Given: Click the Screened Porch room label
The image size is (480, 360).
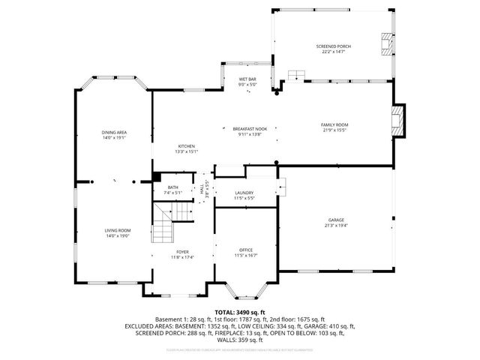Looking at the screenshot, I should (x=334, y=46).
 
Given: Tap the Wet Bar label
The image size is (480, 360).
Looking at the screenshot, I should (x=247, y=79).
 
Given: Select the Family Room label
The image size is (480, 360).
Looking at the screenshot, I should (x=334, y=124).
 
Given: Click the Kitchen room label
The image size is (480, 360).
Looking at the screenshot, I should (x=186, y=145).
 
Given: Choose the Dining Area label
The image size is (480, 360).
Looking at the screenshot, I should (x=114, y=133).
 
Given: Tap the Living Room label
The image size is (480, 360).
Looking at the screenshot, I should (x=117, y=230).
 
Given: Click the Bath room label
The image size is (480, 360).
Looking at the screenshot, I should (x=173, y=187).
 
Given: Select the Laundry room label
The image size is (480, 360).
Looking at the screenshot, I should (x=245, y=193).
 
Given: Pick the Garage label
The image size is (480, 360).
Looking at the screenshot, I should (x=336, y=220).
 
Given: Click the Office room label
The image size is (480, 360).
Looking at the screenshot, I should (x=245, y=250).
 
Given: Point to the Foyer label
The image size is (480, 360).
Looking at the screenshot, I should (x=183, y=251).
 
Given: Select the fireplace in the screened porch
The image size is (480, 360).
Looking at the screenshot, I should (x=385, y=45).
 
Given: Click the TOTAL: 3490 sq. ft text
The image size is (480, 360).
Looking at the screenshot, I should (x=240, y=311).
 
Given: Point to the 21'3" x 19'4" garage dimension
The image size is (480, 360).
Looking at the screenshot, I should (x=336, y=226).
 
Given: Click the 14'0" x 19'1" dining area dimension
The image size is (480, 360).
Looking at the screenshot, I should (x=114, y=138).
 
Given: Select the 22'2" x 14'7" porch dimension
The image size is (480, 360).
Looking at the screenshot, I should (x=334, y=52).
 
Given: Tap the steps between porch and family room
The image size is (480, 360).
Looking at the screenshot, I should (x=297, y=75).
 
